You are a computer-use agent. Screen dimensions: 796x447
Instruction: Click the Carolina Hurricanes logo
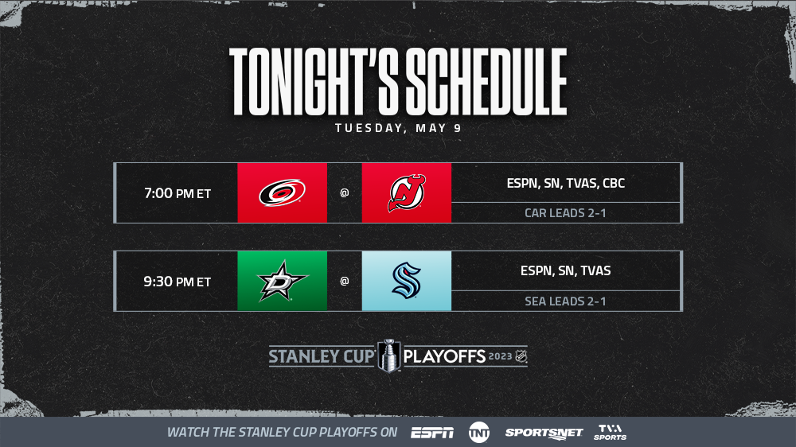(283, 192)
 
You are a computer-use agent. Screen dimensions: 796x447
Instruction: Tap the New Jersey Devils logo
(407, 192)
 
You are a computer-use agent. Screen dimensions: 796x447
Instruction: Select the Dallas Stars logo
(283, 281)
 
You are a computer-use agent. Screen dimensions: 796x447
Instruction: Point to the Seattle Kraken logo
(407, 281)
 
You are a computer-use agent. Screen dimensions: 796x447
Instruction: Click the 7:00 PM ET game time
(178, 193)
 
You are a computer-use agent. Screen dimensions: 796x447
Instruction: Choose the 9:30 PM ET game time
(178, 282)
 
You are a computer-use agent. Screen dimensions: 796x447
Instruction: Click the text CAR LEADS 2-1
(565, 213)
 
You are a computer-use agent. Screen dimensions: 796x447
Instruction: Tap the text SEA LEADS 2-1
(565, 301)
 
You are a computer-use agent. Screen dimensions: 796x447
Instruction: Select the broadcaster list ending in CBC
(565, 183)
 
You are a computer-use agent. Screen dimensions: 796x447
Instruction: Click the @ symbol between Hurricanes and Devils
(344, 192)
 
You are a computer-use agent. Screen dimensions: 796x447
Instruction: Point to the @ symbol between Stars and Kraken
(344, 281)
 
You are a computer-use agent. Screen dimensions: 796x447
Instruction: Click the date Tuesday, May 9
(399, 128)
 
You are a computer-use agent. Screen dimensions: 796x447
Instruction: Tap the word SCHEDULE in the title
(486, 82)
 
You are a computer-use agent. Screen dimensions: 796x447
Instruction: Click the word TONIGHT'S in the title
(314, 82)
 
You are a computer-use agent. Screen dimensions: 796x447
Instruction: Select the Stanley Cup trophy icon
(389, 356)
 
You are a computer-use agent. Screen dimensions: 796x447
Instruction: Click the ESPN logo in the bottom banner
(432, 433)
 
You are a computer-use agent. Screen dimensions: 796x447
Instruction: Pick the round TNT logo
(478, 433)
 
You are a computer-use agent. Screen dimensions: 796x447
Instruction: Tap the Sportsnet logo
(544, 433)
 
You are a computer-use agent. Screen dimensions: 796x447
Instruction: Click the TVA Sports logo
(611, 433)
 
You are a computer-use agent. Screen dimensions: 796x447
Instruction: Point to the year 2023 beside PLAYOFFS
(500, 356)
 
